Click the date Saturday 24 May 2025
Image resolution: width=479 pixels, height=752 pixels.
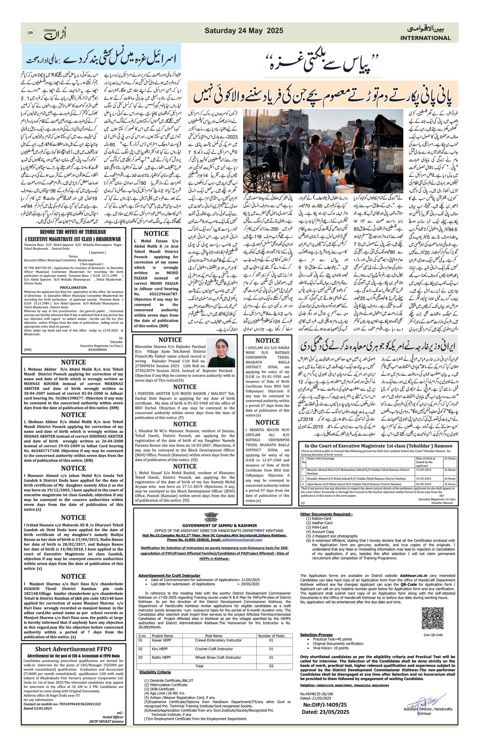[244, 30]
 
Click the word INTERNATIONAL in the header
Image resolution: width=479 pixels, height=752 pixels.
[425, 38]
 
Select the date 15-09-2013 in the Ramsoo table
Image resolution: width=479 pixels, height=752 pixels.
[424, 470]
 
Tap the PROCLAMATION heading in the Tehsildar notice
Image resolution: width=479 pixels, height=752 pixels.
[73, 287]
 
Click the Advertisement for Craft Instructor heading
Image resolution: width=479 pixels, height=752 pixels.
[169, 575]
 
